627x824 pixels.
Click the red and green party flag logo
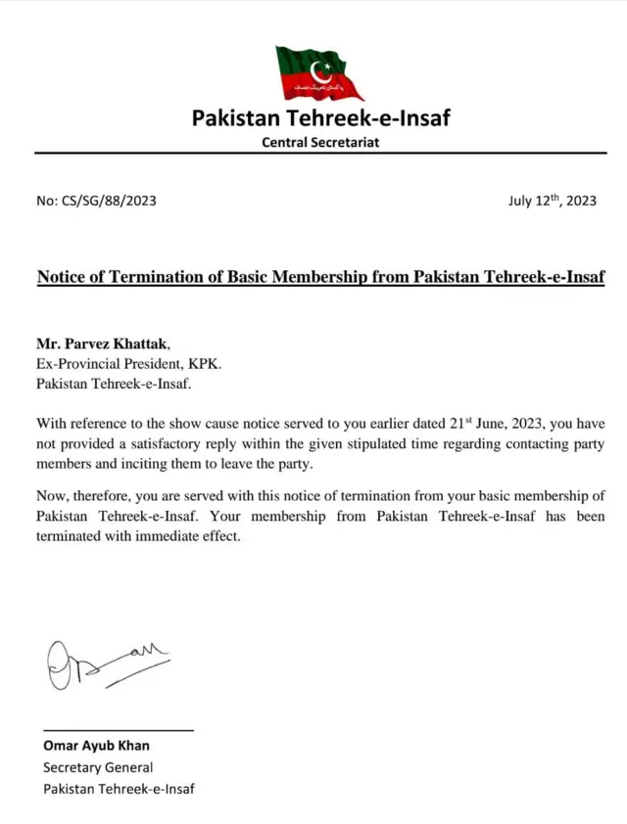(318, 72)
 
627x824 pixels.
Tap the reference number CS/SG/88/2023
(108, 202)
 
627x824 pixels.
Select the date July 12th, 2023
(552, 201)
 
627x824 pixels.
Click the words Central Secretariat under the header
(320, 143)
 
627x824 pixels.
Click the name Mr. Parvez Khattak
(102, 343)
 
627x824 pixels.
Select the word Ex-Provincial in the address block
(78, 363)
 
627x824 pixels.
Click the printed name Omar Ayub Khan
(96, 746)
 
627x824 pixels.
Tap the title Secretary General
(98, 767)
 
